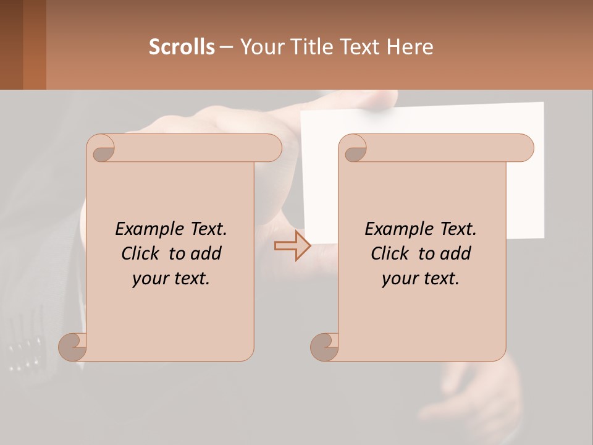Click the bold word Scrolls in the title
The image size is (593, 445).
tap(182, 46)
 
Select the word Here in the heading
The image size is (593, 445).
tap(410, 46)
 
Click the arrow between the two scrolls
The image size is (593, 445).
tap(292, 246)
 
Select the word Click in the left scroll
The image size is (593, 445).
tap(141, 253)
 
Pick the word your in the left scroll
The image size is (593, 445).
tap(151, 279)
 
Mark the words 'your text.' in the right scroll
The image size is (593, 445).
tap(420, 279)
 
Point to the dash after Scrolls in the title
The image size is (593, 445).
tap(226, 47)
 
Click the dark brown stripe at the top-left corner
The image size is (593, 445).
tap(11, 44)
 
